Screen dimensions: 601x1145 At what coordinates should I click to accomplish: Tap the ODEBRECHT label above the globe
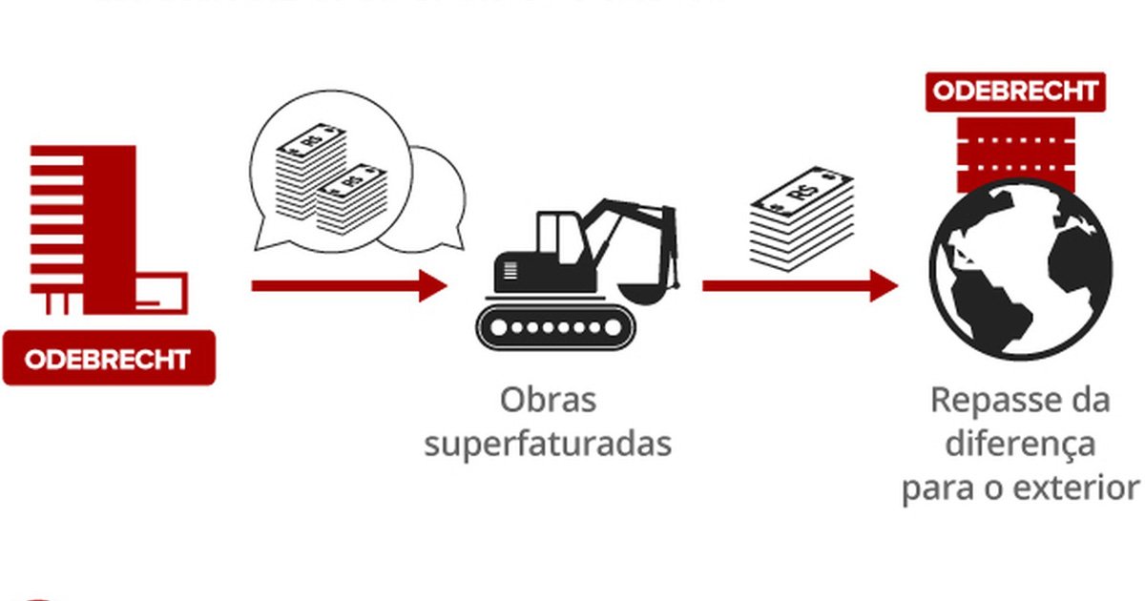[x=1015, y=92]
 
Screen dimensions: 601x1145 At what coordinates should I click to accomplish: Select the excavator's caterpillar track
[x=555, y=327]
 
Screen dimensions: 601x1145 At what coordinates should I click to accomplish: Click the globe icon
[x=1020, y=269]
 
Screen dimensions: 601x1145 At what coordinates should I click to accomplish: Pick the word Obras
[x=548, y=399]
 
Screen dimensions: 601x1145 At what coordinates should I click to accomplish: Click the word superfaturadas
[x=548, y=444]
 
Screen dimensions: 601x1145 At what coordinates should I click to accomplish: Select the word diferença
[x=1019, y=444]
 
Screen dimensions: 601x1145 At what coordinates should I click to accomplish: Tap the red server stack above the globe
[x=1015, y=153]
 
